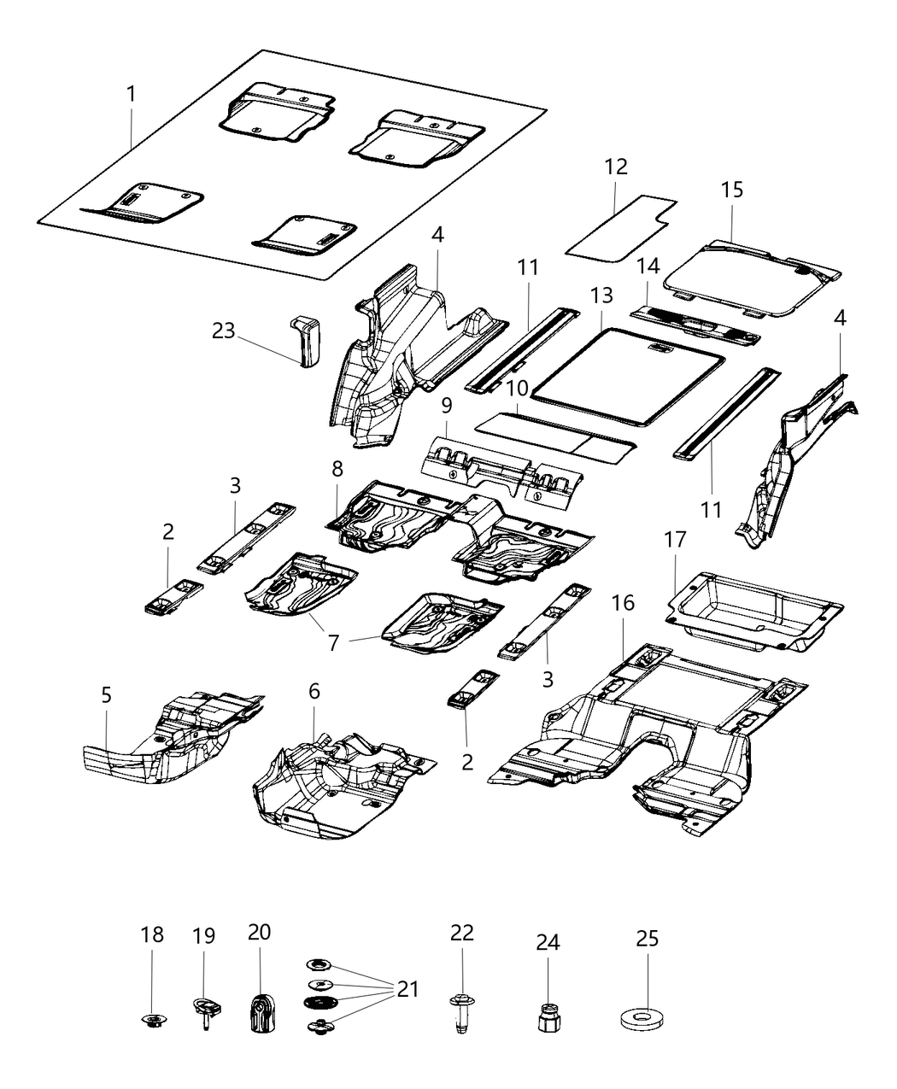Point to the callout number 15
click(x=731, y=190)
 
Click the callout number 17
click(x=675, y=541)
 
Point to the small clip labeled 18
click(x=152, y=1019)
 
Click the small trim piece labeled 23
click(x=305, y=340)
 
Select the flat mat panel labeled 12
click(x=619, y=226)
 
